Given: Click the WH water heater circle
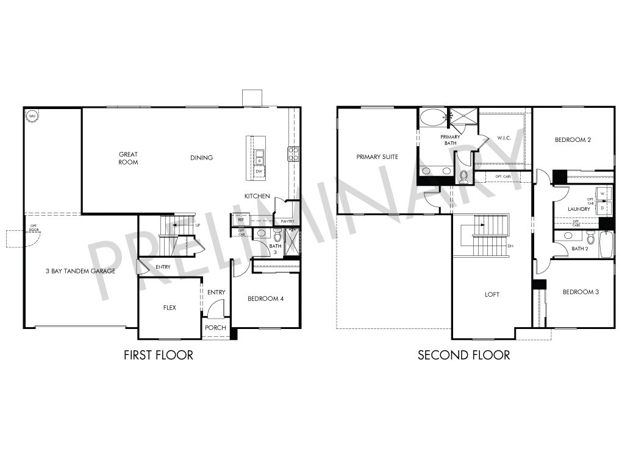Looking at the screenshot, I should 31,115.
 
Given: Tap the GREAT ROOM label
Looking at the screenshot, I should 128,158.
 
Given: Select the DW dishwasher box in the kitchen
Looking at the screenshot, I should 259,172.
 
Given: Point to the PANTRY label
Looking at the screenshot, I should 288,221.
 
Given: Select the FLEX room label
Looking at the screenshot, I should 170,308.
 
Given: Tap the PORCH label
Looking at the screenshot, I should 215,328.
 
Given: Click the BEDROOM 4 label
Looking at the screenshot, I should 265,299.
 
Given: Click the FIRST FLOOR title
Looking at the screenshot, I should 158,355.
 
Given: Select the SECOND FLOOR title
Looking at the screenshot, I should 463,355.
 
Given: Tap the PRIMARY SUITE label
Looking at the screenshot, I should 377,157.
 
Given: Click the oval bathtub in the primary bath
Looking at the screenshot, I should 433,117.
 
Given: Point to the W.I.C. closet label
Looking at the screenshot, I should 504,138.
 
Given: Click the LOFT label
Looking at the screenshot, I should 492,295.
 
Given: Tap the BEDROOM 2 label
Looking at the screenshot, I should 573,140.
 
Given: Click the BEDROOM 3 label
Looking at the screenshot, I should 580,292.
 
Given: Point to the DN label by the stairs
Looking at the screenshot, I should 510,246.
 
